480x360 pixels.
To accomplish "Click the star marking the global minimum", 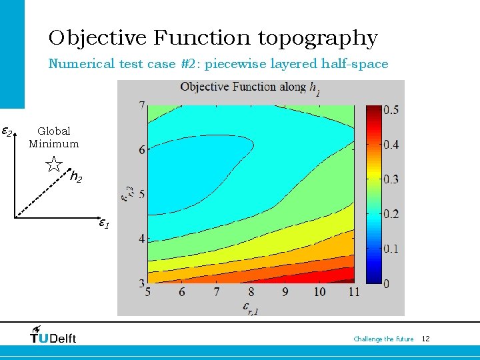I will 54,165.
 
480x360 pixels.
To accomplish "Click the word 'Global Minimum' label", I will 53,137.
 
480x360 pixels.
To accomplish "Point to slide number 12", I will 425,339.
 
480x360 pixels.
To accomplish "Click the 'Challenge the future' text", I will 383,339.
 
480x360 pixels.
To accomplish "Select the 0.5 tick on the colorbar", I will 390,109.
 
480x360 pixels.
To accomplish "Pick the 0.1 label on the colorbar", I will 390,249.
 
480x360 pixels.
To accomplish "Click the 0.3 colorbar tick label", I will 390,179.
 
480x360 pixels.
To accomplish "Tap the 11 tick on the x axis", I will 354,292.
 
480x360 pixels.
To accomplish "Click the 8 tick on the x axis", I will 251,292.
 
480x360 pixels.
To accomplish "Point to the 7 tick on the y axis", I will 141,105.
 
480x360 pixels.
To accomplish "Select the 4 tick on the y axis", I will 141,239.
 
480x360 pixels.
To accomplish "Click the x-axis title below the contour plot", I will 249,307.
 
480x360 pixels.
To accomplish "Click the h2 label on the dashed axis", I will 77,178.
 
